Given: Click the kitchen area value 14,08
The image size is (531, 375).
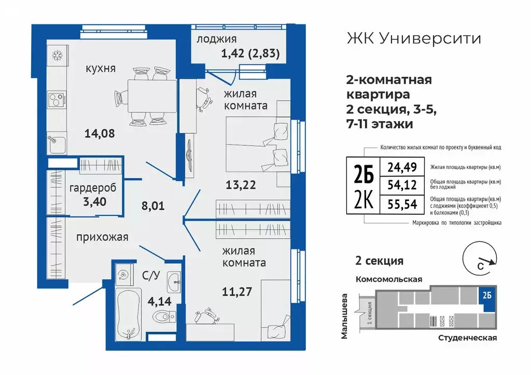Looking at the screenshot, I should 99,134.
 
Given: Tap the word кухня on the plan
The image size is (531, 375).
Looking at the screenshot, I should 101,69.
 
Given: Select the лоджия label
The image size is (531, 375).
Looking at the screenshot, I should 217,39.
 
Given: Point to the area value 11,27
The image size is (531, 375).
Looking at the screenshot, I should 237,291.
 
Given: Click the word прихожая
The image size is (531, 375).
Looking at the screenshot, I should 102,237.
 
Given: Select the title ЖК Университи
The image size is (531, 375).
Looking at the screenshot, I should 413,38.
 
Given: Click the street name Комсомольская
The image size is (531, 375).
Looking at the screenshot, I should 388,279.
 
